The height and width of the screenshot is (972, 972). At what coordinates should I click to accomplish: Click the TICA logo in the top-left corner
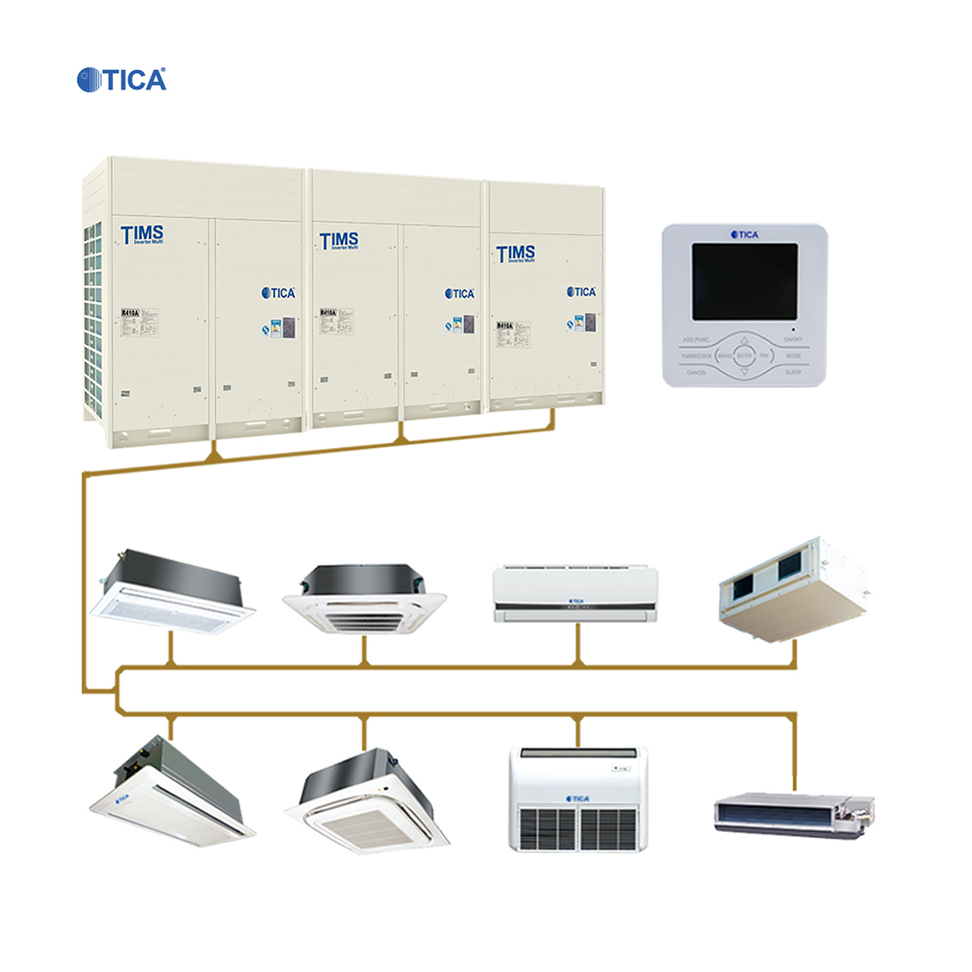[x=121, y=79]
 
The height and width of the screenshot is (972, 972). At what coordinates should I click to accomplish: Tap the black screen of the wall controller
[x=745, y=281]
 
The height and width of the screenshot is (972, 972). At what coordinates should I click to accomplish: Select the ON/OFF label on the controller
[x=793, y=339]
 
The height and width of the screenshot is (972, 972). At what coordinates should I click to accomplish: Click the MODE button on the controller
[x=793, y=357]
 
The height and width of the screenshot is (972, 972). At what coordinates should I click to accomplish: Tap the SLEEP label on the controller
[x=793, y=372]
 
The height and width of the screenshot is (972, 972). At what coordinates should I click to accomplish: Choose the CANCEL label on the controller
[x=696, y=372]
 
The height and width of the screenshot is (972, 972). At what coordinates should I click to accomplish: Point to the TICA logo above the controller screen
[x=745, y=234]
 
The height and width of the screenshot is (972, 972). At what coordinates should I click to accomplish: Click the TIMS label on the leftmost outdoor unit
[x=142, y=234]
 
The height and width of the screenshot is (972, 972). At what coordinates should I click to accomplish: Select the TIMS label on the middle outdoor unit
[x=339, y=240]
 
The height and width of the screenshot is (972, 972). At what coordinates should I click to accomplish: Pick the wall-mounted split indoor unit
[x=575, y=594]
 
